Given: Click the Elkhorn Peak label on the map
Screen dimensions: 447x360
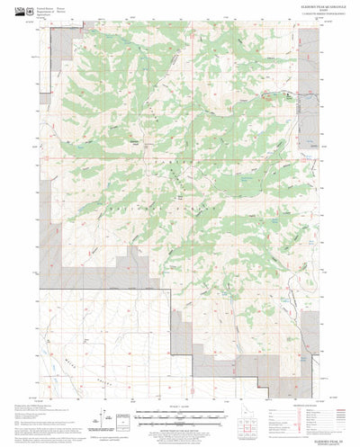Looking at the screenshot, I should [136, 141].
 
